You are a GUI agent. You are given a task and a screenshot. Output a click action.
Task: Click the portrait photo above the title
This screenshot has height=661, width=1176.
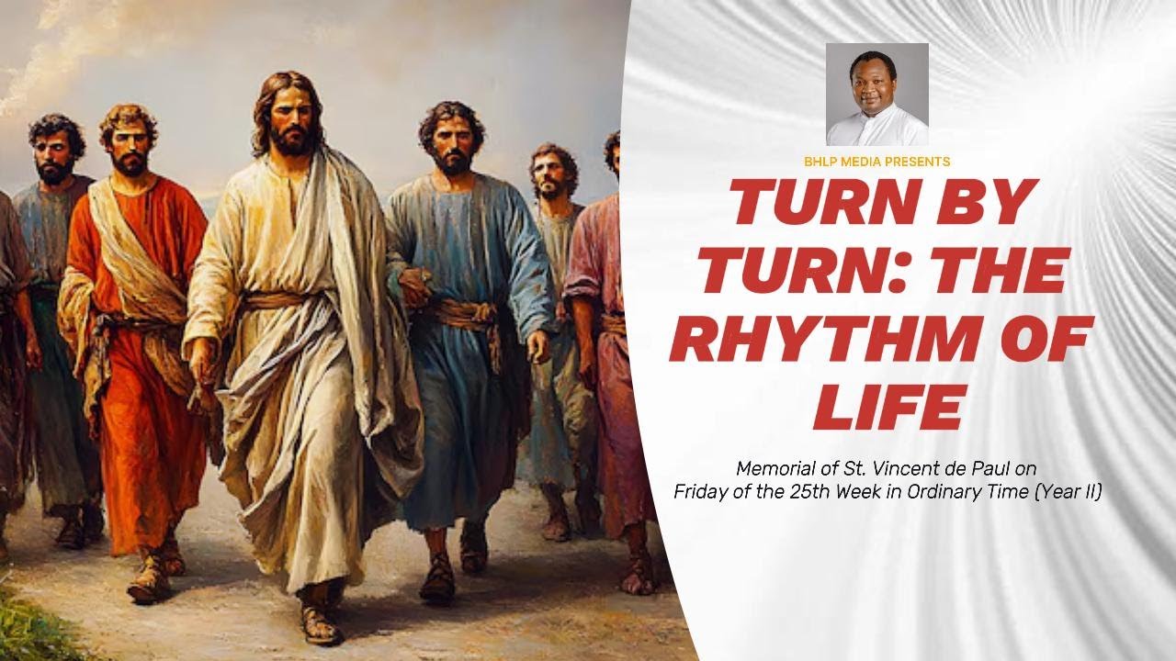pyautogui.click(x=876, y=95)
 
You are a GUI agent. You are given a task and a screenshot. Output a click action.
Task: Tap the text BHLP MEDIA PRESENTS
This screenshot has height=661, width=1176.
pyautogui.click(x=876, y=162)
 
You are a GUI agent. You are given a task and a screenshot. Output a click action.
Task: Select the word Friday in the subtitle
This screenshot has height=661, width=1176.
pyautogui.click(x=700, y=491)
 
